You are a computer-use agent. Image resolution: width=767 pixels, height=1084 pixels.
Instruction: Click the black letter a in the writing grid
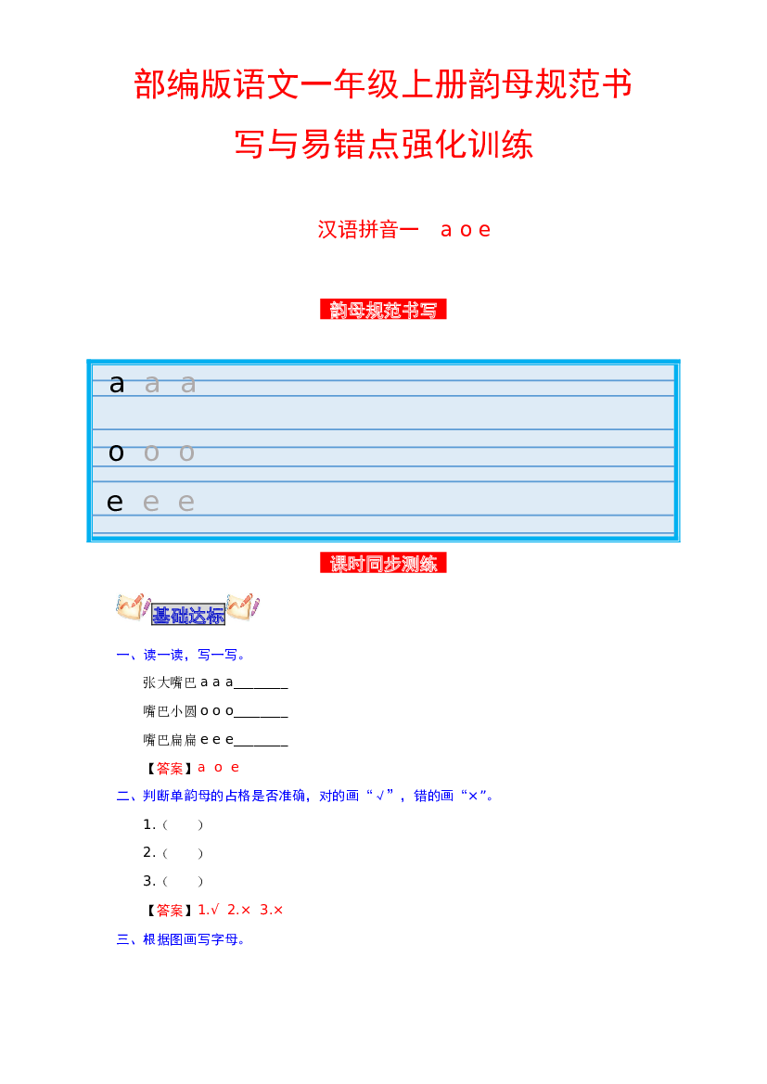point(117,384)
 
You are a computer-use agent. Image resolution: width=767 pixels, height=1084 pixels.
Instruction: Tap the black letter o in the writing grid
point(116,453)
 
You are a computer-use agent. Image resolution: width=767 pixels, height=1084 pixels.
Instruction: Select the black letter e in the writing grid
point(115,502)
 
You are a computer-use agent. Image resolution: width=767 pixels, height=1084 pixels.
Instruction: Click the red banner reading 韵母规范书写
point(383,310)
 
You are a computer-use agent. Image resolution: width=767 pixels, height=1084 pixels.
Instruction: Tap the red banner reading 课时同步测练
point(383,564)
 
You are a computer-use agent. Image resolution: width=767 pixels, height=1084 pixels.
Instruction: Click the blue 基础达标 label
point(188,614)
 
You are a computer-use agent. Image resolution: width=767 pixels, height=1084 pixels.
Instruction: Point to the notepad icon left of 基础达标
point(134,606)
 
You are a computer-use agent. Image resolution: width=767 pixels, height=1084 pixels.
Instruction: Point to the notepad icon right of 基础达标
point(243,606)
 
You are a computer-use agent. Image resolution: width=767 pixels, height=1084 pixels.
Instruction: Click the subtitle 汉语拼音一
point(368,230)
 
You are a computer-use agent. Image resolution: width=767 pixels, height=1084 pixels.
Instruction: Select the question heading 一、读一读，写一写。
point(181,655)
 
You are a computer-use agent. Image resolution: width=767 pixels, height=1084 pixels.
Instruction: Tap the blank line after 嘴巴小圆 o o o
point(261,717)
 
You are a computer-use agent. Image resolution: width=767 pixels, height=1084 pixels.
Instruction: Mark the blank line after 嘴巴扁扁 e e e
point(261,746)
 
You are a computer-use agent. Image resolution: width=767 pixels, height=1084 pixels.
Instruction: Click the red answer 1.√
point(209,910)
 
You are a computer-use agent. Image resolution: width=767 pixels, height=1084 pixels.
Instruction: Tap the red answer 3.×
point(272,910)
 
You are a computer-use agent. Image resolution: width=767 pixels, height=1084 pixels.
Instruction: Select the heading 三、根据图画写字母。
point(181,939)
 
